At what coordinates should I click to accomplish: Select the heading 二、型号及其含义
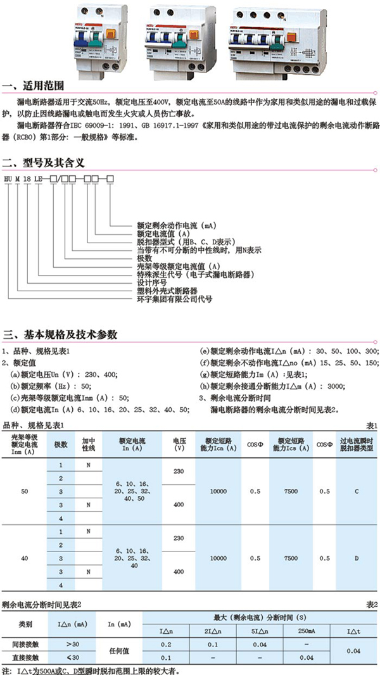pyautogui.click(x=44, y=162)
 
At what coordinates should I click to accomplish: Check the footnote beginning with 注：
pyautogui.click(x=95, y=669)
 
